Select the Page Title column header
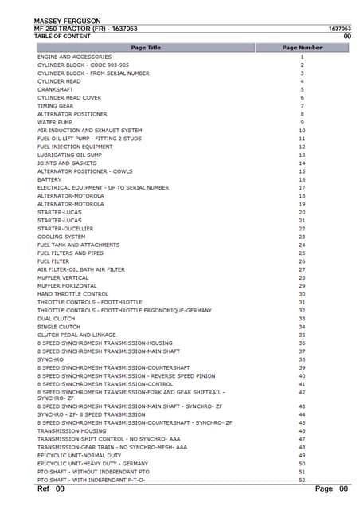click(x=146, y=48)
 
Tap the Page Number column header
click(x=302, y=48)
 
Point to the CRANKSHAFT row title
click(x=56, y=89)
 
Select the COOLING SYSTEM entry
click(x=61, y=237)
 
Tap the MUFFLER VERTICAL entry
click(x=63, y=277)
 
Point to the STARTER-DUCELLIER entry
click(x=65, y=228)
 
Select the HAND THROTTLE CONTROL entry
click(x=72, y=294)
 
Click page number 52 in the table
click(x=302, y=479)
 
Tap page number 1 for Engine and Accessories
click(x=302, y=57)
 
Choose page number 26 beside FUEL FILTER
click(x=302, y=261)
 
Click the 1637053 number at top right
click(x=338, y=29)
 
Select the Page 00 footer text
click(x=331, y=488)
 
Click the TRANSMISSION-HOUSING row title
click(x=71, y=430)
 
